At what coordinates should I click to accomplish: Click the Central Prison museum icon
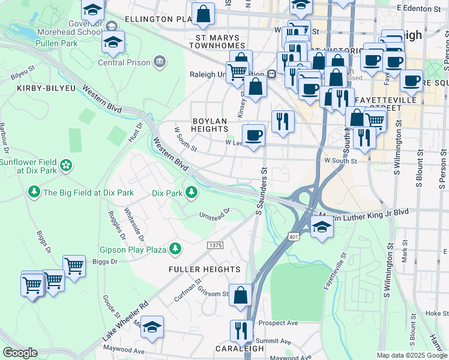(x=160, y=61)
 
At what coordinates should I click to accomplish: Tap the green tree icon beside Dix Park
(x=191, y=193)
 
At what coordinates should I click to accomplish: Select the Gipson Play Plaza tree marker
(x=175, y=248)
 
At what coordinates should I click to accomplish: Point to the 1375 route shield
(x=215, y=246)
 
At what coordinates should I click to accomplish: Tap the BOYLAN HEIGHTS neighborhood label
(x=209, y=125)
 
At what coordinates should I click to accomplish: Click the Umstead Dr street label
(x=215, y=213)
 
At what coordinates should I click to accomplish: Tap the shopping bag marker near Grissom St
(x=240, y=296)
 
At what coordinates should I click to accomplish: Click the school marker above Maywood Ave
(x=152, y=327)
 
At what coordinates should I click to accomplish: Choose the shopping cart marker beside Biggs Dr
(x=74, y=266)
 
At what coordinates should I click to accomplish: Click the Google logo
(x=20, y=353)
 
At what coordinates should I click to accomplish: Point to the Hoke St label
(x=433, y=313)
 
